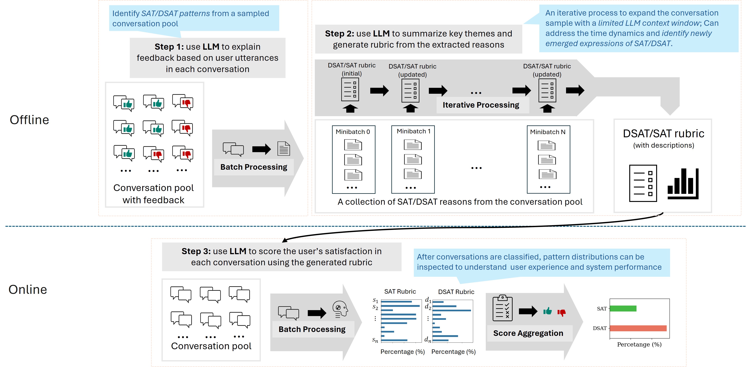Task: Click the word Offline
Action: point(29,120)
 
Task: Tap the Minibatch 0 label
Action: point(353,132)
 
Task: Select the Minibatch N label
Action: point(548,132)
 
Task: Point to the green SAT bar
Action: point(623,308)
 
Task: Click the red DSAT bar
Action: point(638,328)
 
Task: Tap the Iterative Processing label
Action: point(481,105)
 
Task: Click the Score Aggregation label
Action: point(528,333)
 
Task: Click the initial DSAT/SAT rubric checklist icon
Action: point(350,89)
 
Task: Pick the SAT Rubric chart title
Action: point(400,291)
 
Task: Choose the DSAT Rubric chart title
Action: point(456,292)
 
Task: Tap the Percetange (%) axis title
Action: point(639,344)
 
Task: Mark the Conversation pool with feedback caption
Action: point(153,194)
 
